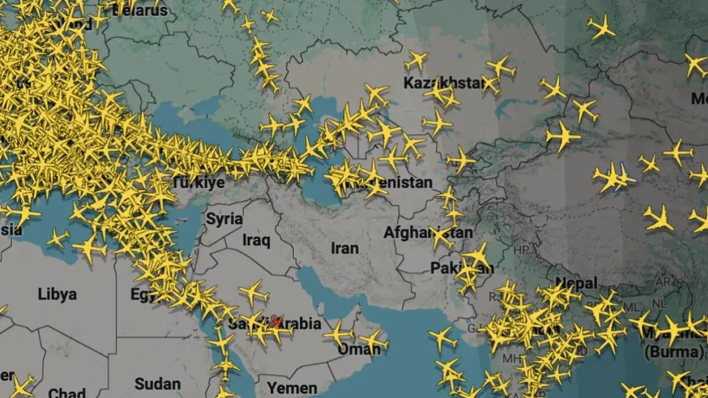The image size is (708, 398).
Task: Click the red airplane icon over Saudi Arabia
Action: (x=275, y=322)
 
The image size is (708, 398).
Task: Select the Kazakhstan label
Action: (x=444, y=84)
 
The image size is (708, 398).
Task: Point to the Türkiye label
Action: (x=198, y=182)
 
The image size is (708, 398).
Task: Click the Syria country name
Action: (x=224, y=219)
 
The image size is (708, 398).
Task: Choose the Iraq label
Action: (x=256, y=241)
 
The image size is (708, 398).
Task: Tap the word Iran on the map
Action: (x=344, y=248)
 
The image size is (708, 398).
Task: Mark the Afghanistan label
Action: (x=428, y=232)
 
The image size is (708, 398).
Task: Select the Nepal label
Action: (x=576, y=283)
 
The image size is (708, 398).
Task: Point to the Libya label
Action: (x=57, y=294)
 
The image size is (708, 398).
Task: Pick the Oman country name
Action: (x=359, y=350)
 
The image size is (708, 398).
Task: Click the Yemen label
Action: (x=292, y=388)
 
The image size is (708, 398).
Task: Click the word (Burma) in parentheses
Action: (x=673, y=353)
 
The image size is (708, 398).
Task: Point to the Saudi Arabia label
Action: (x=275, y=324)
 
